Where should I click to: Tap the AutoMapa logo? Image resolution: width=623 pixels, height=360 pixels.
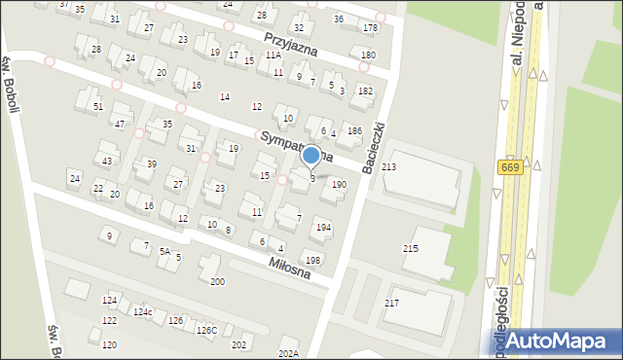pos(560,341)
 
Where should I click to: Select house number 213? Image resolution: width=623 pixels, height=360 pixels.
pos(388,168)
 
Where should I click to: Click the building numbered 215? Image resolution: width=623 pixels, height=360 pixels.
pos(411,248)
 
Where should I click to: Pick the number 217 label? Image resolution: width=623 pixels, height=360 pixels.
pos(391,304)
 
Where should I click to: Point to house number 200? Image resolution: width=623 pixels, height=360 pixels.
pos(217,281)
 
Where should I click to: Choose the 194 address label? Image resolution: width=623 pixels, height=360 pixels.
pos(323,228)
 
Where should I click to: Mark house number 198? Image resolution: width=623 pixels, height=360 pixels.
pos(311,260)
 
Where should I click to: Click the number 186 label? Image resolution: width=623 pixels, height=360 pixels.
pos(354,130)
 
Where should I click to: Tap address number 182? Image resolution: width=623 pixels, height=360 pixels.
pos(364,90)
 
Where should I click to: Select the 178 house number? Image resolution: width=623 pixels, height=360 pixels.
pos(369,27)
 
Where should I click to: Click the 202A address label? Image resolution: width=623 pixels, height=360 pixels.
pos(288,353)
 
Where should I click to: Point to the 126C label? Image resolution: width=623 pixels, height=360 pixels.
pos(206,330)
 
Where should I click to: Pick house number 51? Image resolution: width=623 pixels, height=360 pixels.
pos(97,105)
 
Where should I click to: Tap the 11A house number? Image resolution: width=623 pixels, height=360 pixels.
pos(274,55)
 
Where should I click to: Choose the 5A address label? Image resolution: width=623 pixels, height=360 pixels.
pos(165,251)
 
